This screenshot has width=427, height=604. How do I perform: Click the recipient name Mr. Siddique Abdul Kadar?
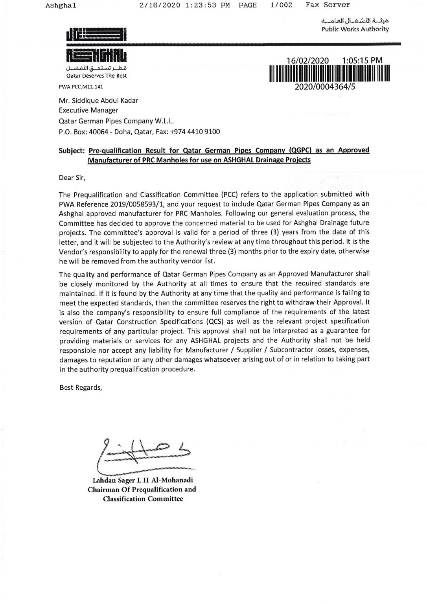(x=98, y=100)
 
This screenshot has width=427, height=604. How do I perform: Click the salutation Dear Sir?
(x=72, y=177)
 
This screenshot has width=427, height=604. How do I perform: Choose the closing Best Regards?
(x=81, y=387)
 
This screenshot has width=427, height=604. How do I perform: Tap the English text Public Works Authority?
(x=355, y=29)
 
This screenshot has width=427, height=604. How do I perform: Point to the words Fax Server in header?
(x=328, y=5)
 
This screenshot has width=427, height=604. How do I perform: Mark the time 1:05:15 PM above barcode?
(x=363, y=61)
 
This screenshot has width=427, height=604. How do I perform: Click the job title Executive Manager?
(x=88, y=110)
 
